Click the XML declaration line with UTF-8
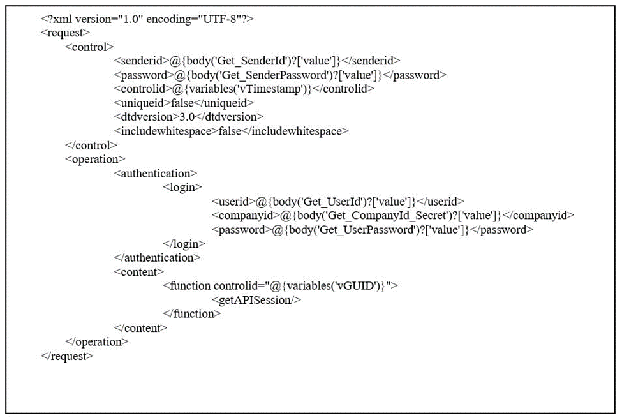point(147,19)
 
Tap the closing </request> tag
point(66,356)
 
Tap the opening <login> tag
point(182,187)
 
